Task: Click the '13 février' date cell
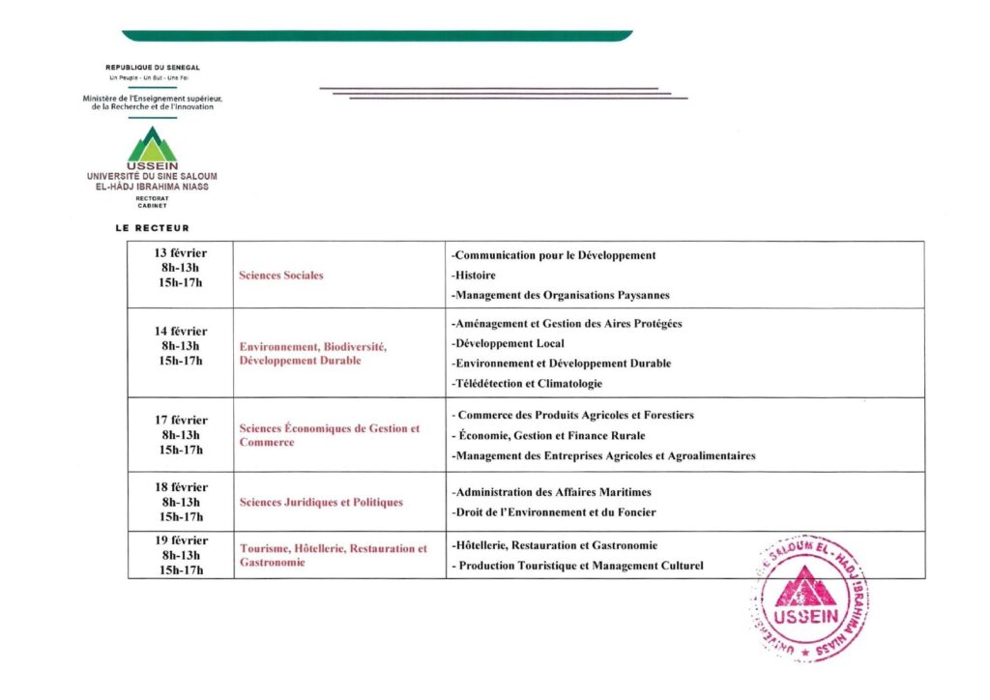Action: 181,253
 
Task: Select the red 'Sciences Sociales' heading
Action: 280,276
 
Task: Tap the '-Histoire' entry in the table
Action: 474,276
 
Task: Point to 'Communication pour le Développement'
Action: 554,255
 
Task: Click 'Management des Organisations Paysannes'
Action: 561,296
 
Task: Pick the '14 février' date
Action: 181,331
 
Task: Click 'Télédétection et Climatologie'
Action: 527,384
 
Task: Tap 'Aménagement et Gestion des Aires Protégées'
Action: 567,324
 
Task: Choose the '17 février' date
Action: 181,421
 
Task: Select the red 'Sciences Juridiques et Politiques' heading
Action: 321,503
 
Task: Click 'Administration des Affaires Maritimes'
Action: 551,492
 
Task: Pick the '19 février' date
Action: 181,540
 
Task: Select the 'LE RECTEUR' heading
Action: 152,228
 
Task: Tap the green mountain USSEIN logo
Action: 152,147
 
